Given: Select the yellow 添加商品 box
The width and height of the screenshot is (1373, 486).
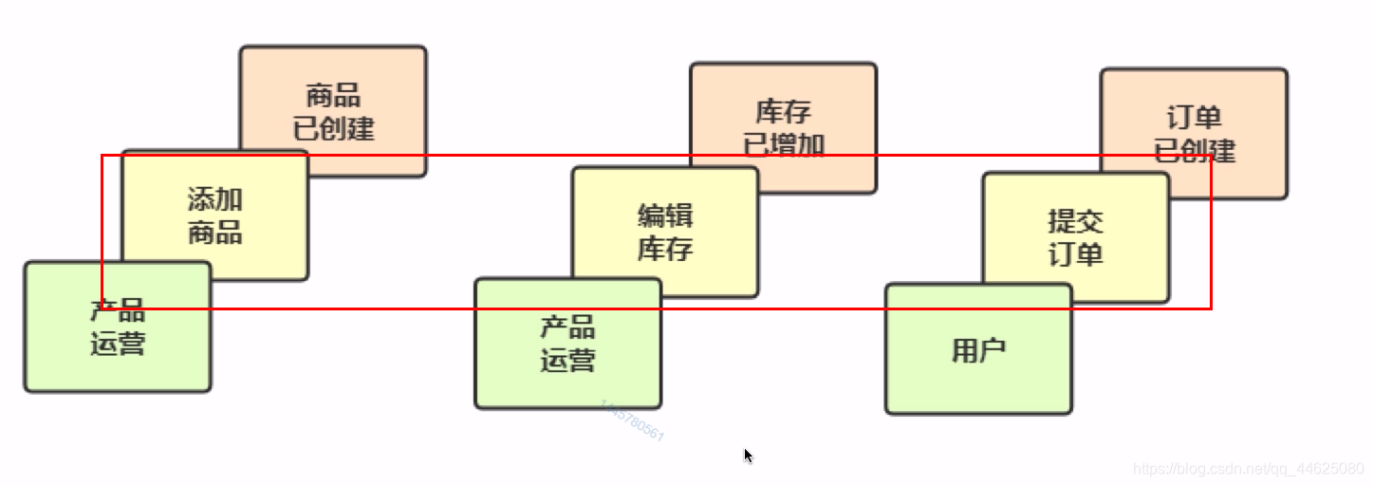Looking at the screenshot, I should [x=215, y=215].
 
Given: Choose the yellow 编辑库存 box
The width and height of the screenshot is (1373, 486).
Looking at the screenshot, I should [x=665, y=233].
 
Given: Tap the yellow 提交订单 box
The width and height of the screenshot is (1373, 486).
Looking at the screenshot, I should [x=1075, y=237].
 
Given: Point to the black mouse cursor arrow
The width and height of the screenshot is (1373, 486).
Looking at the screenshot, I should [x=748, y=455].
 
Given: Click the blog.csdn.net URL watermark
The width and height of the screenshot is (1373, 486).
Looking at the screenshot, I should [x=1249, y=468].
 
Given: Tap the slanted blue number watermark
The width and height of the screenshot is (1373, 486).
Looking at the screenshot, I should [x=632, y=421].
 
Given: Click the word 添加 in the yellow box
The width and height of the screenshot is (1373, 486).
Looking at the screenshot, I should [x=215, y=199].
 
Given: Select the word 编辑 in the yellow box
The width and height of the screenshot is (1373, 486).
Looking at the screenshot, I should [x=665, y=215].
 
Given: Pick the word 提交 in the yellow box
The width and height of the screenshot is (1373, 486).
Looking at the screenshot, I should [x=1075, y=221].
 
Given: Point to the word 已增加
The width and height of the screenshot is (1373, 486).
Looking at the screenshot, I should [x=784, y=144].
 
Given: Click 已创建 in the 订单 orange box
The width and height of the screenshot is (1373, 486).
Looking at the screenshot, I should [x=1194, y=150].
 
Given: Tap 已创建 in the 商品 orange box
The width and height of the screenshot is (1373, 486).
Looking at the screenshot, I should [x=333, y=128].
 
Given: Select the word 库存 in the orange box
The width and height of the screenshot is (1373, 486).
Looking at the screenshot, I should [x=784, y=111].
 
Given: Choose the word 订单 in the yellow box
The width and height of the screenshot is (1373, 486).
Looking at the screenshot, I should [x=1075, y=254].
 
